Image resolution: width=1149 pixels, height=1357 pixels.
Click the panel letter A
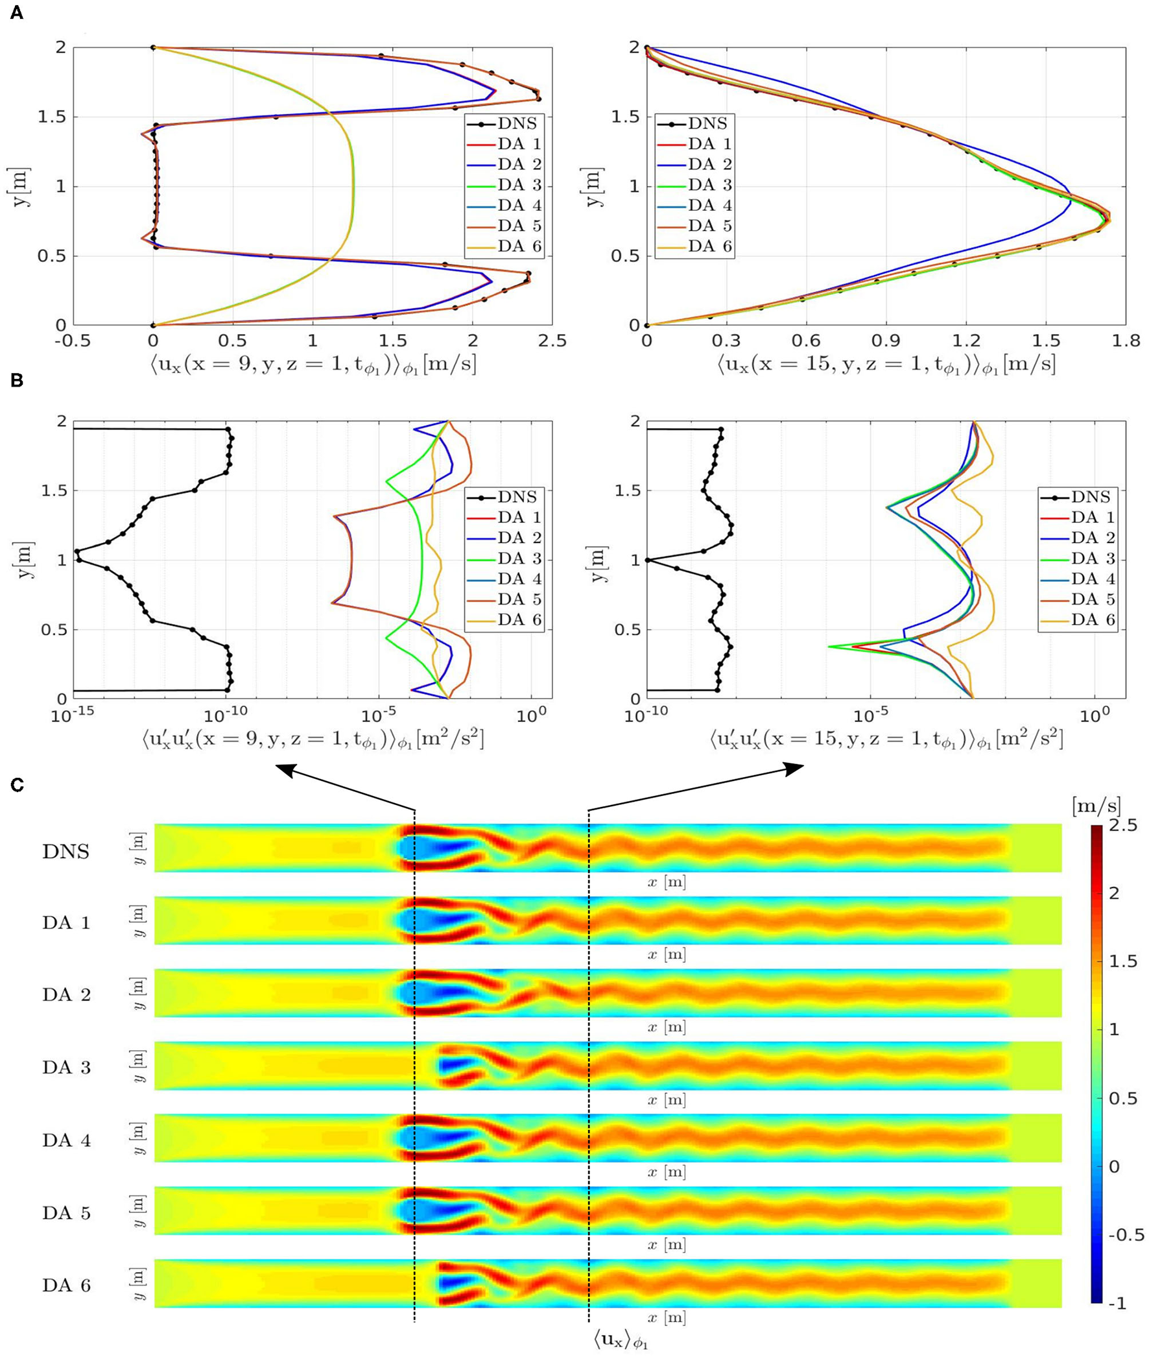[16, 12]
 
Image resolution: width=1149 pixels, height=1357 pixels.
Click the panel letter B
[16, 380]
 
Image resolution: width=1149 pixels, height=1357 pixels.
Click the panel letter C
[17, 785]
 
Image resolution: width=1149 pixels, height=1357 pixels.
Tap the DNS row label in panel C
[65, 852]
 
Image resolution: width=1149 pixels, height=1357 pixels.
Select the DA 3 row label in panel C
[66, 1068]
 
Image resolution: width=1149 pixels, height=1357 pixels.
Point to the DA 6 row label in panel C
[66, 1286]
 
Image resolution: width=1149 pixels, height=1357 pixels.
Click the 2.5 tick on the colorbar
[1123, 825]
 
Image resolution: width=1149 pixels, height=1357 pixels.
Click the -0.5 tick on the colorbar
[1126, 1235]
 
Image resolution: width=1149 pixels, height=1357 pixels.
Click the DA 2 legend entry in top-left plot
[519, 164]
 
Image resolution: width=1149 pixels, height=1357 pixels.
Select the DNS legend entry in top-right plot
[707, 124]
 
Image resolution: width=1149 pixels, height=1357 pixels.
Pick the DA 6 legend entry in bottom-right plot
[1093, 619]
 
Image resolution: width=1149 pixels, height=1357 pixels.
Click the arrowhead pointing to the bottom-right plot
[798, 769]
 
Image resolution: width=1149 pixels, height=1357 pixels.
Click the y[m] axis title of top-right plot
[593, 186]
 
